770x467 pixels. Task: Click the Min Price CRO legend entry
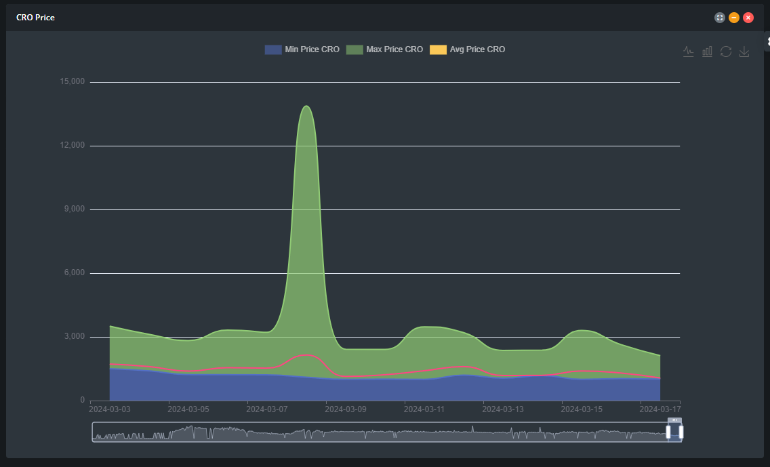click(302, 49)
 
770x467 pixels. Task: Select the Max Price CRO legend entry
click(384, 49)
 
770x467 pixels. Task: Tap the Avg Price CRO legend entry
click(468, 49)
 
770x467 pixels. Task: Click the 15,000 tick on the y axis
click(73, 81)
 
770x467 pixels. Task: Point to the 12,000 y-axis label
click(73, 145)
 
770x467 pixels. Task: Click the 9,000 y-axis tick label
click(75, 209)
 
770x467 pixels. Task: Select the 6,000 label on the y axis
click(75, 273)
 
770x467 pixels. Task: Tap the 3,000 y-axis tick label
click(75, 337)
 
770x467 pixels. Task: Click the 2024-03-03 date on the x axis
click(110, 409)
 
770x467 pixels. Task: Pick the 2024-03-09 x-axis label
click(346, 409)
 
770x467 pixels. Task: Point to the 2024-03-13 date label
click(503, 409)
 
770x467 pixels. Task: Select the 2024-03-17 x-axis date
click(660, 409)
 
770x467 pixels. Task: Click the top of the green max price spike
click(307, 106)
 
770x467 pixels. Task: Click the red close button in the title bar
click(748, 18)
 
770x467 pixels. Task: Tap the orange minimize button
click(734, 18)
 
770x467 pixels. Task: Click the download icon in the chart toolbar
click(744, 52)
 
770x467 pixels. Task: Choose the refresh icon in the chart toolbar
click(726, 52)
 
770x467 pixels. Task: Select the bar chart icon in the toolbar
click(707, 52)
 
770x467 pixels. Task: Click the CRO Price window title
click(35, 18)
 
